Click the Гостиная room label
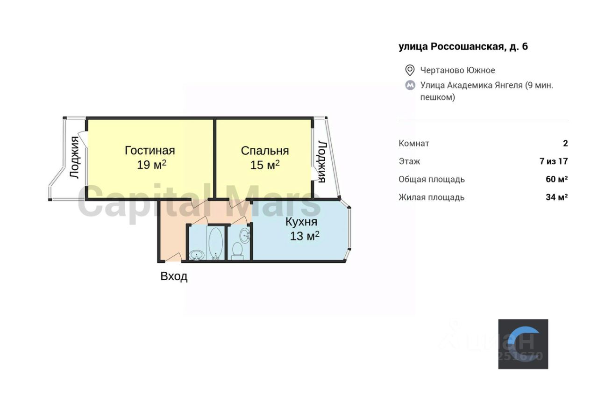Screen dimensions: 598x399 coord(149,151)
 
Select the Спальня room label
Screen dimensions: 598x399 coord(264,151)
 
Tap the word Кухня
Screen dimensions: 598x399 coord(301,222)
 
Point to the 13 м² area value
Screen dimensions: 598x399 coord(305,236)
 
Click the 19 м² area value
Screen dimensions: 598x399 coord(152,165)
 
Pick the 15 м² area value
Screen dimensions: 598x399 coord(265,165)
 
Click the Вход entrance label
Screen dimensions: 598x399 coord(174,276)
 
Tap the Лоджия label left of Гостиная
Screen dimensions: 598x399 coord(74,157)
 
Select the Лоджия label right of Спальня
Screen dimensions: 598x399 coord(322,161)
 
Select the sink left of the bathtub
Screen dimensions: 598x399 coord(197,255)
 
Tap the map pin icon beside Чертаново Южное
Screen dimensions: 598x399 coord(410,71)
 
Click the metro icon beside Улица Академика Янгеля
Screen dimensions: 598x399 coord(410,86)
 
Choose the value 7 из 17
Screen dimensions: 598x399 coord(554,161)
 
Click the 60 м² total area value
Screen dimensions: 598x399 coord(556,179)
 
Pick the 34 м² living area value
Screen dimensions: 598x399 coord(556,197)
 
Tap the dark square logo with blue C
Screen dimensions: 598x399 coord(523,344)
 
